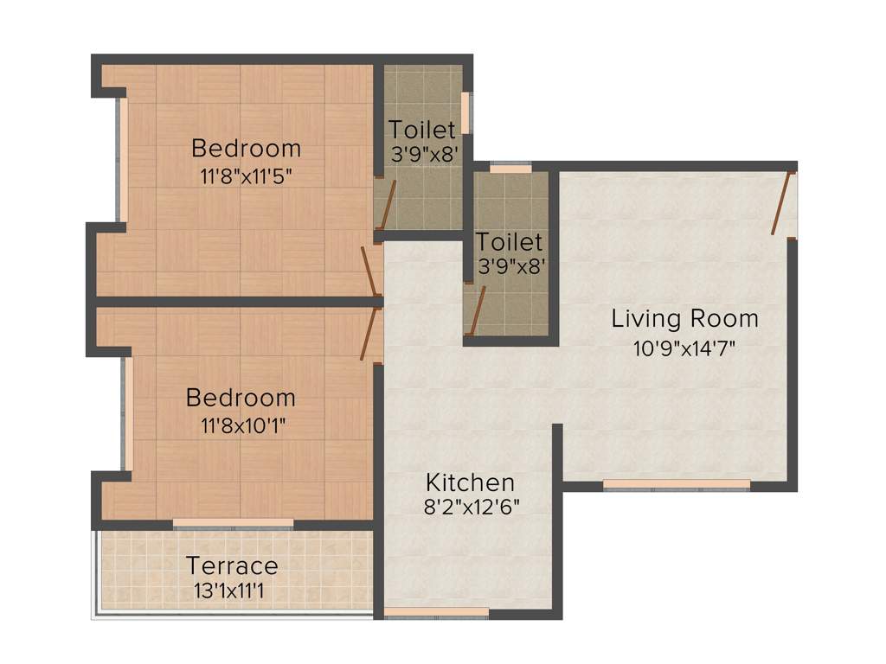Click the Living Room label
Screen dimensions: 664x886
coord(684,318)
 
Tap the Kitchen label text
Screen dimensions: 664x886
coord(471,482)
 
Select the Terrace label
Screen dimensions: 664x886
coord(232,566)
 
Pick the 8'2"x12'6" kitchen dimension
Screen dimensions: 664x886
coord(471,508)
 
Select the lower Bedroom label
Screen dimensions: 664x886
coord(241,398)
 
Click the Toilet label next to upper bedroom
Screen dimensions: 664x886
coord(421,131)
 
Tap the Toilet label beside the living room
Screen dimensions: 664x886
coord(510,242)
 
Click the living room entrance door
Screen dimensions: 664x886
coord(783,203)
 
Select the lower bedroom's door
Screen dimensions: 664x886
coord(370,334)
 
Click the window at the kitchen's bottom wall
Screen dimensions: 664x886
coord(435,613)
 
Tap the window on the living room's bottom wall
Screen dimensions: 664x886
coord(676,484)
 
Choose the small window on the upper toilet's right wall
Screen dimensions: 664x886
coord(465,112)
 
